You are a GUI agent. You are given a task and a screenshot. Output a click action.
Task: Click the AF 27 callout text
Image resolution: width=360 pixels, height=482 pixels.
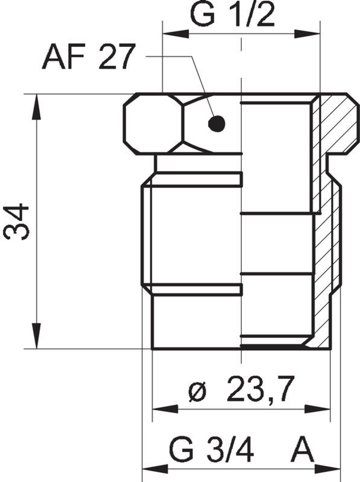pos(87,59)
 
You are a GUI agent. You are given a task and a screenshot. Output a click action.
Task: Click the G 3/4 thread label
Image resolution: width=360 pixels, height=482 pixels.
pos(211,449)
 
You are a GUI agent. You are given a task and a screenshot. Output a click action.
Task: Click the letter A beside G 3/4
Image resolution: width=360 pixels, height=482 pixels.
pos(305,449)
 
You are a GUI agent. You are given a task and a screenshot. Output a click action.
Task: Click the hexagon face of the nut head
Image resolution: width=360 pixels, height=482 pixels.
pos(153,124)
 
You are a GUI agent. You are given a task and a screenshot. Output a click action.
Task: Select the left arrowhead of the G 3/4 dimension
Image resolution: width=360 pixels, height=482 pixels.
pos(151,468)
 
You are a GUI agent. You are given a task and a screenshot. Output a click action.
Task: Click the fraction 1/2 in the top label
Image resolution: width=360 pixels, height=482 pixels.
pos(253,15)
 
